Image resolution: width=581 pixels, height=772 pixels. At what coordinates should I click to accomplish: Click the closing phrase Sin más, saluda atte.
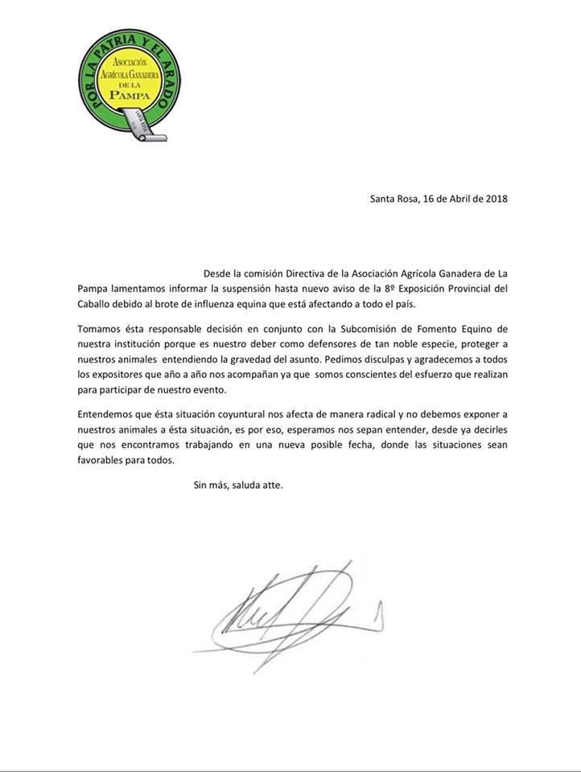(237, 487)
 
